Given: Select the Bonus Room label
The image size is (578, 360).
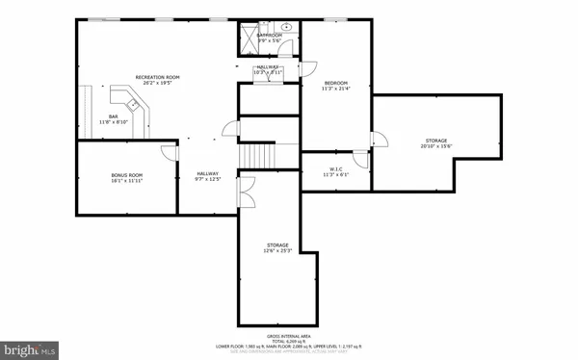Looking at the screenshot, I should [127, 177].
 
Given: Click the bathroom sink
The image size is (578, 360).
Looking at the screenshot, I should [287, 29].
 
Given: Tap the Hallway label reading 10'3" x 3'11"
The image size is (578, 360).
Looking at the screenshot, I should [268, 69].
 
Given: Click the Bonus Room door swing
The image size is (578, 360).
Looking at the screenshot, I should [169, 150].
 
